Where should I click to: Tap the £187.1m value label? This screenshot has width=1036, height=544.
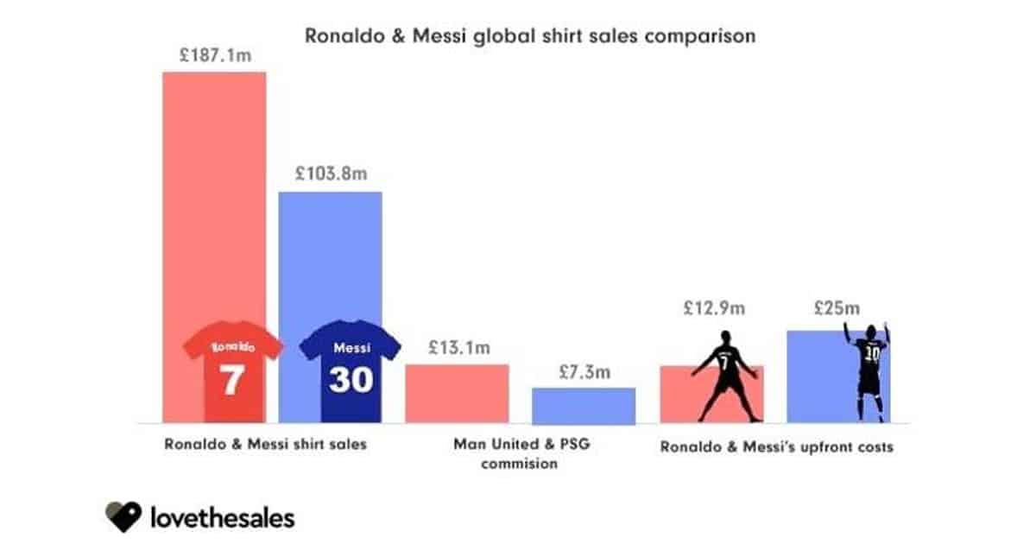[215, 54]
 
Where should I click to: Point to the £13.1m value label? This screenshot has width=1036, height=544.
[458, 348]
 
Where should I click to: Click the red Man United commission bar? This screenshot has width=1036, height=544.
[458, 394]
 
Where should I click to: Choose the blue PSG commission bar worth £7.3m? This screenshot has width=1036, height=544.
[583, 406]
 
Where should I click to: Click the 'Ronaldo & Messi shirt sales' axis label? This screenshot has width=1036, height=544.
[264, 446]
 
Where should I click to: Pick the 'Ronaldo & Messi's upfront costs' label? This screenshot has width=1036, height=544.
[776, 447]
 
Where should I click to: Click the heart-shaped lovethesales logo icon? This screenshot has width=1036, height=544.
[123, 517]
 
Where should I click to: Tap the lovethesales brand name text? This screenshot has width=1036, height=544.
[223, 518]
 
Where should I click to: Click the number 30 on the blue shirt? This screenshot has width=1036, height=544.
[350, 380]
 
